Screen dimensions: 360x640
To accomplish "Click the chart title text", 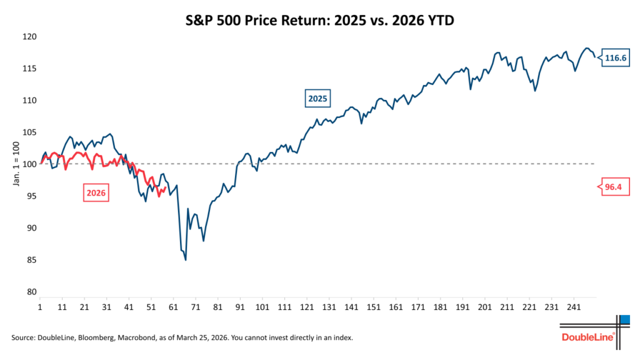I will pyautogui.click(x=319, y=20).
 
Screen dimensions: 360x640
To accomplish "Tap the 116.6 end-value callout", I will pyautogui.click(x=614, y=58).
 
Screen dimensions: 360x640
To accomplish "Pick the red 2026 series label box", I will pyautogui.click(x=96, y=194).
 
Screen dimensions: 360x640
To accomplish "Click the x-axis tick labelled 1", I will pyautogui.click(x=40, y=308).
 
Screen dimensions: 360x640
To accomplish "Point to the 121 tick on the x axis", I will pyautogui.click(x=306, y=308).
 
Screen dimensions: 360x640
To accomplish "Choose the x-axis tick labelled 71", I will pyautogui.click(x=196, y=308).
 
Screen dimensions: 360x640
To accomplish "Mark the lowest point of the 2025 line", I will pyautogui.click(x=186, y=260).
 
